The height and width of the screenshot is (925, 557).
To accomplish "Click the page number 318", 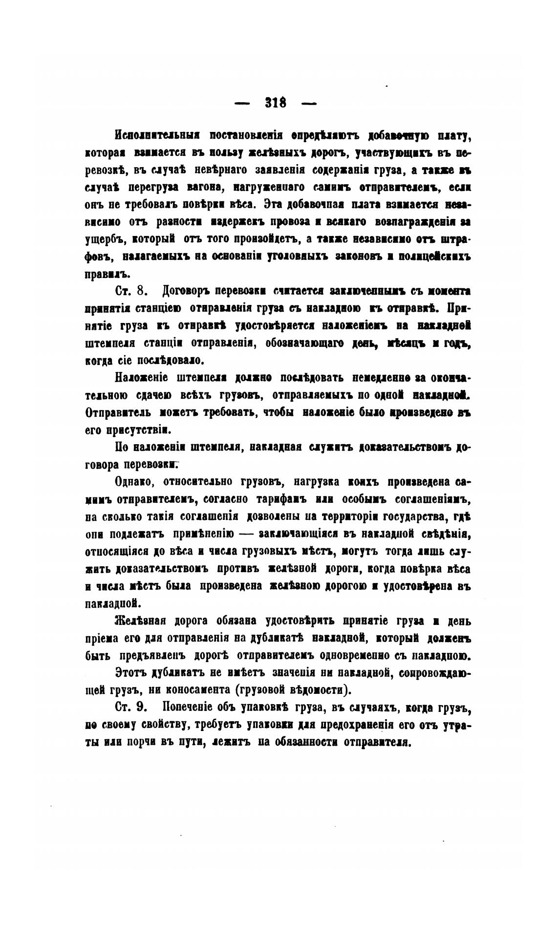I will coord(276,103).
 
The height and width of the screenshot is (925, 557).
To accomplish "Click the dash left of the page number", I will coord(242,104).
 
